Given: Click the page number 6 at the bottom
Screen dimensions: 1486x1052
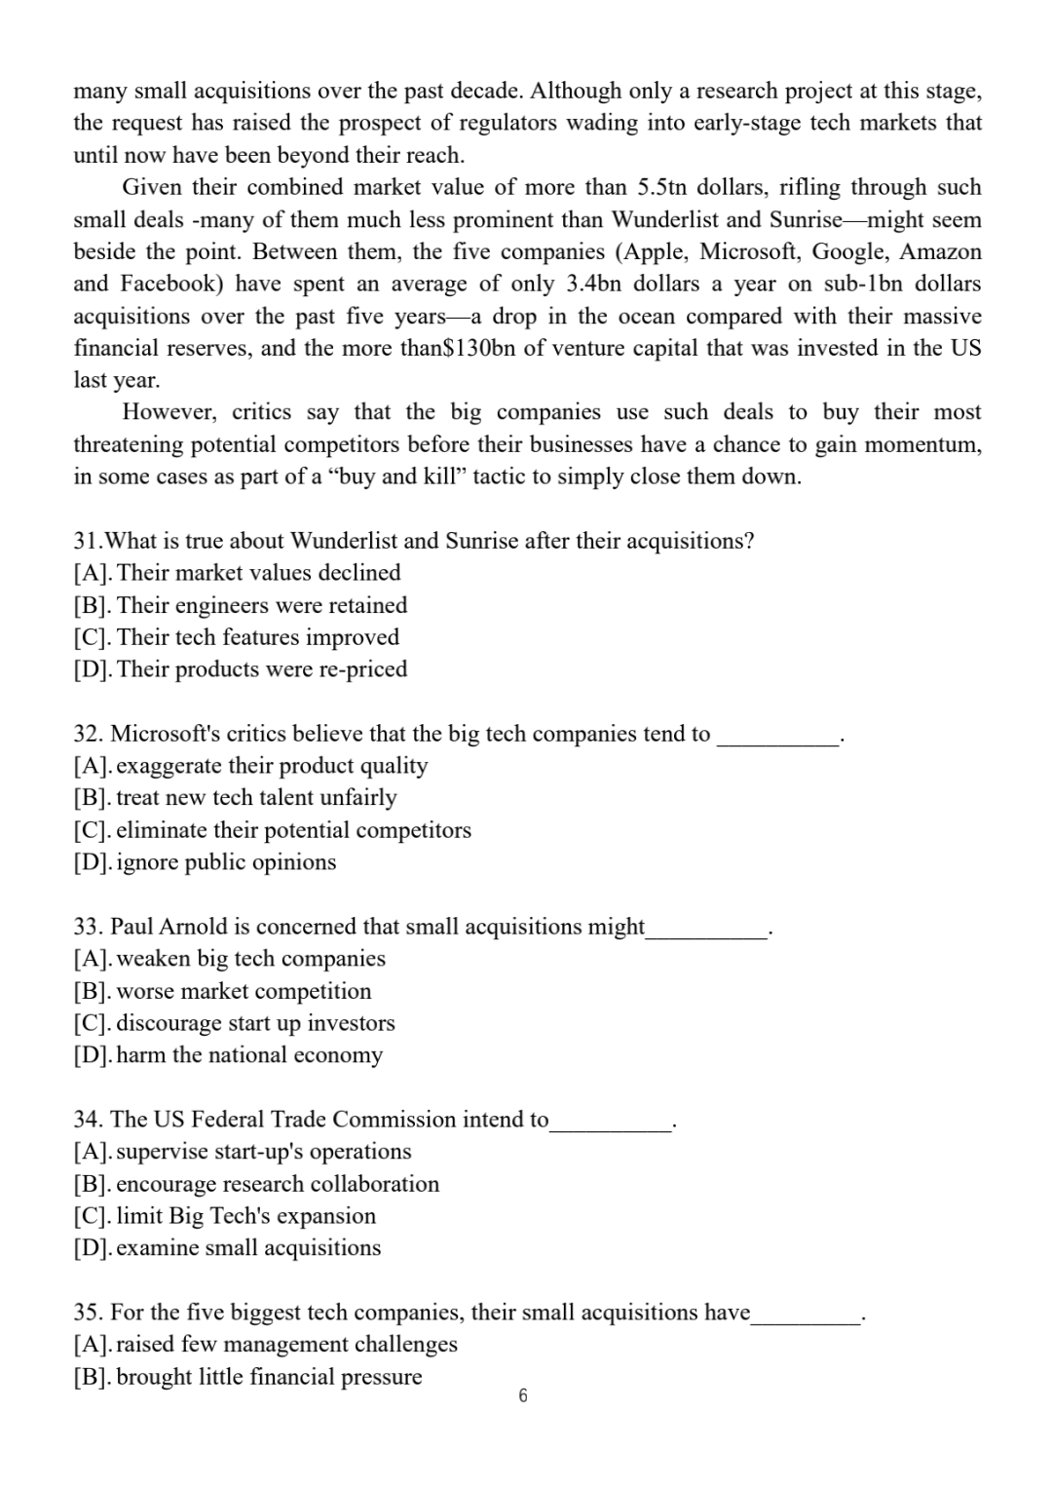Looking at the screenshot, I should (523, 1396).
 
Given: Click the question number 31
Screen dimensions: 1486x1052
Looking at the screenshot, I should (87, 541).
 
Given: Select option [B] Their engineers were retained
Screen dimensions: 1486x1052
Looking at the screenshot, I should (241, 605).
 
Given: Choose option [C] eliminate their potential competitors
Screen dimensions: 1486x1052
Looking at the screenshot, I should (273, 830).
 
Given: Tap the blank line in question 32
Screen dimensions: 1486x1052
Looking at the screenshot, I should (777, 739).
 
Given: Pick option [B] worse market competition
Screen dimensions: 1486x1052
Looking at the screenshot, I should (223, 991).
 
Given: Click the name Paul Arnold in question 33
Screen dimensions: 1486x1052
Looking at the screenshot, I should (169, 926).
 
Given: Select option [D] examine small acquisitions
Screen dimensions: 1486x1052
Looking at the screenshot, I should (227, 1247).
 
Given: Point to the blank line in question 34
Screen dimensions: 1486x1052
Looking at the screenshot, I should (611, 1124).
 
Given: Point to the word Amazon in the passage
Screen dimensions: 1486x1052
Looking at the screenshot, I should (940, 251).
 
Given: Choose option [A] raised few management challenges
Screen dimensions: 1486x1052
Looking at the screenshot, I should (265, 1344).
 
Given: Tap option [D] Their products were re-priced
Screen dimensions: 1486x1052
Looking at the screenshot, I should (241, 669).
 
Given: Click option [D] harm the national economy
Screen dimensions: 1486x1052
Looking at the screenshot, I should (229, 1055).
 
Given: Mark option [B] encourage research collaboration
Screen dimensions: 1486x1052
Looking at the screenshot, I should (256, 1184).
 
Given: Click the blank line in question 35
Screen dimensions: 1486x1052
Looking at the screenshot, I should (805, 1317).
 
